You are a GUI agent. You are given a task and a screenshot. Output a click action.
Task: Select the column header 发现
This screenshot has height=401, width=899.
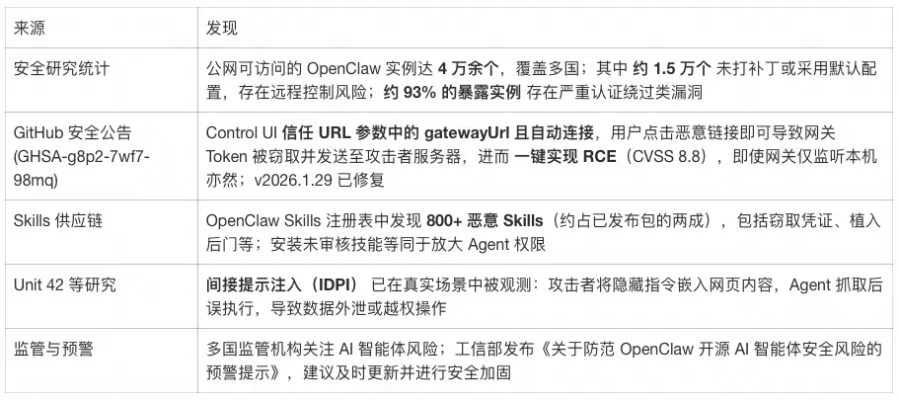pyautogui.click(x=221, y=28)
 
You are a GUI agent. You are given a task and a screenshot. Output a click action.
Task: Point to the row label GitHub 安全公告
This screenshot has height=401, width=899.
pyautogui.click(x=72, y=132)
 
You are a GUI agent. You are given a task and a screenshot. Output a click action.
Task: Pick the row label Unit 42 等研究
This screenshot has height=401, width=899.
pyautogui.click(x=64, y=285)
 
